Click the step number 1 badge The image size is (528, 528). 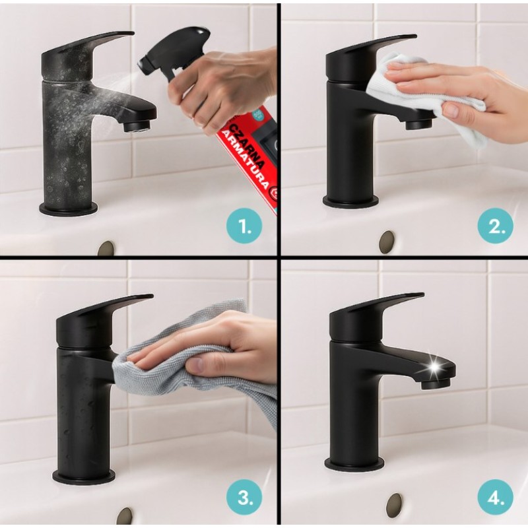pyautogui.click(x=244, y=228)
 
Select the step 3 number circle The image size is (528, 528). pyautogui.click(x=244, y=497)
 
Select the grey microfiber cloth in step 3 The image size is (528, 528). pyautogui.click(x=198, y=370)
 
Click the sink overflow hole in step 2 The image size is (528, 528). pyautogui.click(x=387, y=241)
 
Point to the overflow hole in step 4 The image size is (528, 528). pyautogui.click(x=394, y=504)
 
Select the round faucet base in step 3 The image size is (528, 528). pyautogui.click(x=84, y=475)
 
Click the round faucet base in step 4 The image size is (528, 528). pyautogui.click(x=354, y=465)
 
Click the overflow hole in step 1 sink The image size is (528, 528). pyautogui.click(x=106, y=249)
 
